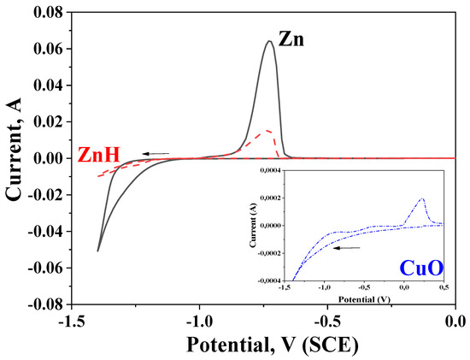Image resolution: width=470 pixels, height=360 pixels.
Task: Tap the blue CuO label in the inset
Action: (420, 269)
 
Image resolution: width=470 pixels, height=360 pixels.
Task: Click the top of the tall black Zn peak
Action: (270, 41)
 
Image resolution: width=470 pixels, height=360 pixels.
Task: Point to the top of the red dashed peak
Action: (268, 130)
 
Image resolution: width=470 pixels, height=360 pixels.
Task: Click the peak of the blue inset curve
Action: (422, 198)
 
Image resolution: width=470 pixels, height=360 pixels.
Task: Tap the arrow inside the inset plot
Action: (346, 248)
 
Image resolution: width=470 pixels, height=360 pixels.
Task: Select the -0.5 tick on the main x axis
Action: (328, 321)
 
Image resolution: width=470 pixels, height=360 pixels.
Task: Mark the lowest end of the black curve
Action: (98, 251)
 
